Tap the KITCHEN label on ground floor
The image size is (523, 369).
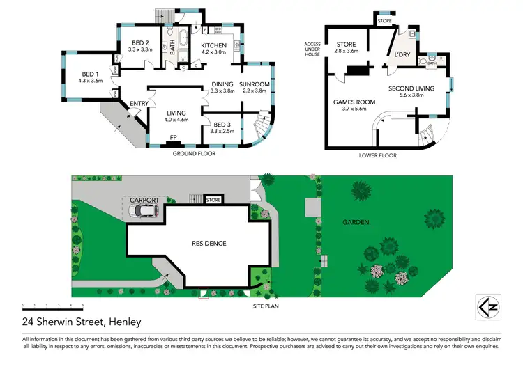coord(213,46)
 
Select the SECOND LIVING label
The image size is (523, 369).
coord(411,88)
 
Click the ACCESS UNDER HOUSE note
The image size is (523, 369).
coord(312,49)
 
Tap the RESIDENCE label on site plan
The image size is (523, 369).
coord(209,243)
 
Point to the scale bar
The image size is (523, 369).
coord(52,306)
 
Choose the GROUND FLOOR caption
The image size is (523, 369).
coord(195,153)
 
